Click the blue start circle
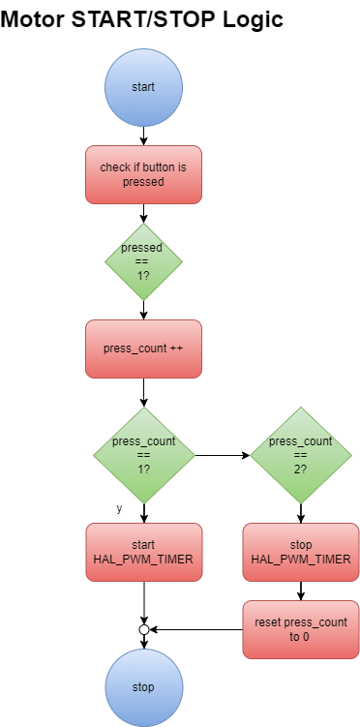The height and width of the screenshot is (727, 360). click(x=143, y=87)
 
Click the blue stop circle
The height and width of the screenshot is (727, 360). click(x=143, y=687)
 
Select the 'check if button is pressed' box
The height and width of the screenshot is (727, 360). click(x=143, y=174)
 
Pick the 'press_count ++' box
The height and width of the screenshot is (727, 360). click(x=143, y=348)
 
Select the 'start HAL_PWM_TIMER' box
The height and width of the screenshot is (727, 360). click(x=143, y=553)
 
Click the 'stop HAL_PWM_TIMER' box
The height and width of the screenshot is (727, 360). click(x=300, y=553)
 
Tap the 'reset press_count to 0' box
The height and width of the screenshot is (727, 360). click(x=300, y=629)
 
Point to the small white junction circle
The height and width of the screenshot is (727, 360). click(x=143, y=629)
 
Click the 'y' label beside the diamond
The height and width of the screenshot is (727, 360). click(x=119, y=508)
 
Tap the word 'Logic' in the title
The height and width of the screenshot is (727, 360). click(x=254, y=18)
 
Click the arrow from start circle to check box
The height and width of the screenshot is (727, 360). click(x=143, y=136)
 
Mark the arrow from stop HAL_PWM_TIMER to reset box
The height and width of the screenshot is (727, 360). click(x=300, y=591)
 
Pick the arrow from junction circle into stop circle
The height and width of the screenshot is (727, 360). click(x=143, y=642)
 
